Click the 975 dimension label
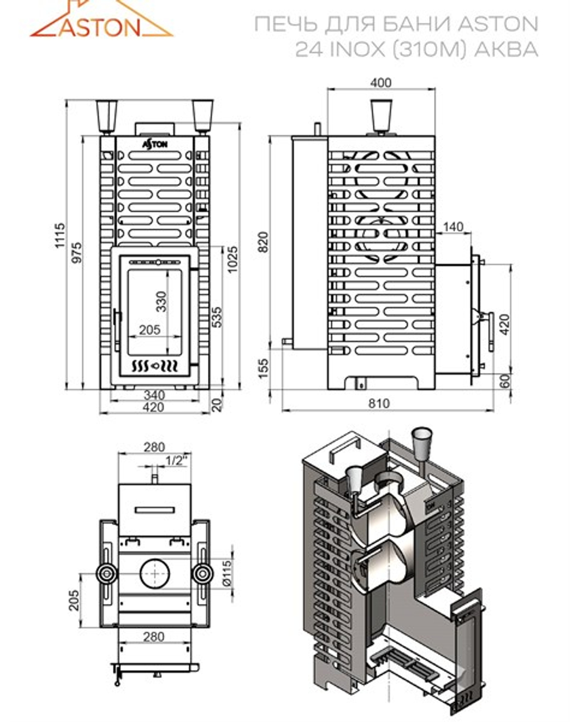pos(77,253)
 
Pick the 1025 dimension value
pos(233,261)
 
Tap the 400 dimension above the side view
pos(380,83)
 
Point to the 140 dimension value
pos(453,227)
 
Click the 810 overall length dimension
pos(378,403)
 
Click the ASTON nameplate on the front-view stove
pos(155,144)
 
